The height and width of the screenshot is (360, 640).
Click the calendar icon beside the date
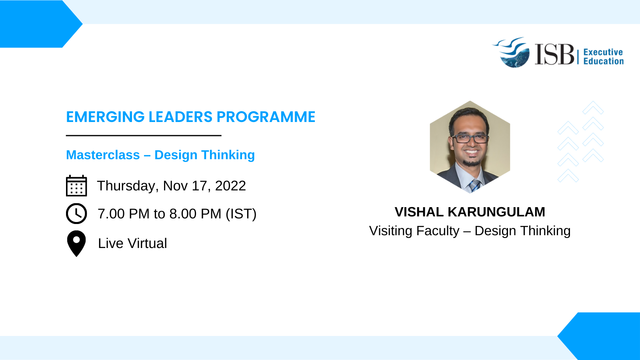point(76,186)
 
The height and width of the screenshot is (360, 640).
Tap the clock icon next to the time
point(76,214)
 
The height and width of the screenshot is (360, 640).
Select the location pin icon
point(76,244)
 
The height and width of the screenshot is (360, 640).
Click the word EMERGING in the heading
point(105,117)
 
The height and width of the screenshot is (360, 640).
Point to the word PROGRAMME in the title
point(266,117)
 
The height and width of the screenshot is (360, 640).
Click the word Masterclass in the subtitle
point(103,155)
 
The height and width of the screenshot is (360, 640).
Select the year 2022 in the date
point(230,186)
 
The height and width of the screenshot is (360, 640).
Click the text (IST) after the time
point(241,214)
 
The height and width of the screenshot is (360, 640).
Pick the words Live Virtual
point(132,244)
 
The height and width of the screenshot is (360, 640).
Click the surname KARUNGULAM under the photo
point(496,212)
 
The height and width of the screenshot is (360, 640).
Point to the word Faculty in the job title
point(438,231)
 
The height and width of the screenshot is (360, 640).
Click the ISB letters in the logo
point(554,54)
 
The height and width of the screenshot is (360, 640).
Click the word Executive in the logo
point(603,52)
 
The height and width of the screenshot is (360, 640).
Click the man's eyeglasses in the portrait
point(470,138)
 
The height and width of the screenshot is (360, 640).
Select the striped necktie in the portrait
point(474,186)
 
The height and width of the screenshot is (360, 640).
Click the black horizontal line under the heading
point(144,136)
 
